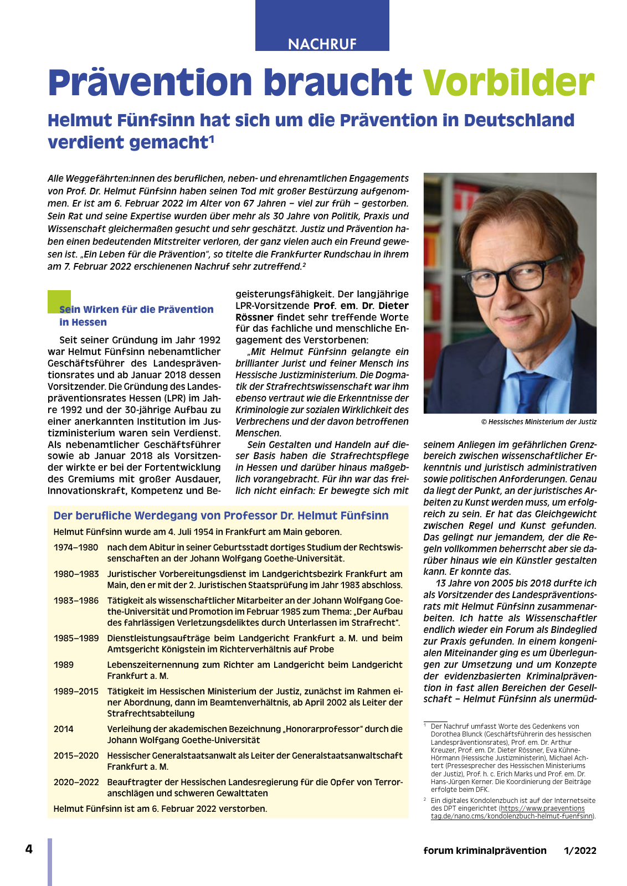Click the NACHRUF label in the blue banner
[322, 44]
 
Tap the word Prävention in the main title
[150, 83]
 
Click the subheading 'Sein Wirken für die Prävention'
[136, 310]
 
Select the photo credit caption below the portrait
[538, 422]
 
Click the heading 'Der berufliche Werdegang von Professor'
[221, 516]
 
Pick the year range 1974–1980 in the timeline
[76, 548]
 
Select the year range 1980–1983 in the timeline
[76, 574]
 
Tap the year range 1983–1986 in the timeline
[76, 601]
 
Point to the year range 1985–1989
[76, 638]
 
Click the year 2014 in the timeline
[64, 729]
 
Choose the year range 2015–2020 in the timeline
[76, 756]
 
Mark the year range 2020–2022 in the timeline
[76, 782]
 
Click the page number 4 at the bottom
[29, 849]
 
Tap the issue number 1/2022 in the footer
[580, 851]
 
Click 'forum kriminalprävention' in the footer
[485, 851]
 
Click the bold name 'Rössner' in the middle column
[254, 318]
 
